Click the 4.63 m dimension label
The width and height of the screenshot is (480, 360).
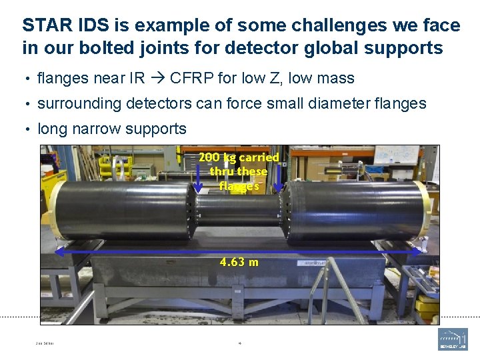pos(239,262)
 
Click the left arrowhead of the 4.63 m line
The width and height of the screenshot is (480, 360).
pos(59,251)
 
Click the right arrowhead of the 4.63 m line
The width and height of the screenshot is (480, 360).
pos(421,251)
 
